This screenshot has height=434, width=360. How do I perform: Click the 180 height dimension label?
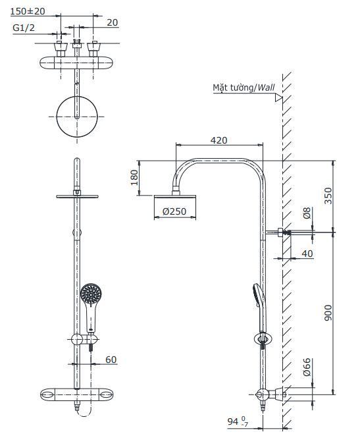point(134,178)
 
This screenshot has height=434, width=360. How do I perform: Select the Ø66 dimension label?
point(306,367)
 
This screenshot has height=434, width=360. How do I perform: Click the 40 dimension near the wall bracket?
point(308,252)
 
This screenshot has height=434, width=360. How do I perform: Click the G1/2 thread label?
point(24,28)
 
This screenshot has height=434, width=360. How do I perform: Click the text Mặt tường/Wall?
point(243,87)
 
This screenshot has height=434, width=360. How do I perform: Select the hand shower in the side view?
point(256,300)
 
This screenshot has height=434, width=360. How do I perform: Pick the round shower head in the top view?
point(78,115)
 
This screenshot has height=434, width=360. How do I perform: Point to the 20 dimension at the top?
point(112,22)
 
